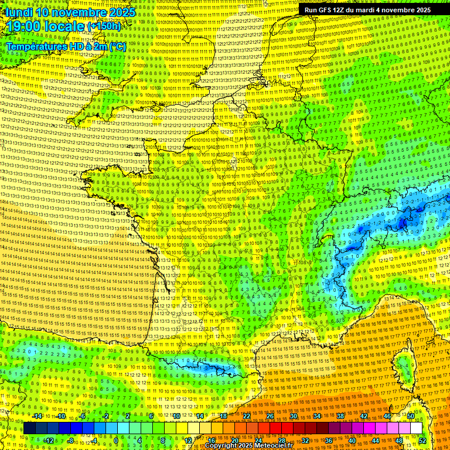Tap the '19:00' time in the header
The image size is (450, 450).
point(22,26)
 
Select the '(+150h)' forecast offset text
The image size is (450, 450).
point(104,26)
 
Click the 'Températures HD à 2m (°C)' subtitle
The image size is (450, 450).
point(66,46)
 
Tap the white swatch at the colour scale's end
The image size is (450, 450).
point(416,428)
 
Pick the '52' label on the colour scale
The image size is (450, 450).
point(422,440)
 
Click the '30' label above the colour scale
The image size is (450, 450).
point(293,416)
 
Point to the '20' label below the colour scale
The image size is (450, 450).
point(235,440)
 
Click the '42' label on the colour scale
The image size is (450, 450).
point(363,416)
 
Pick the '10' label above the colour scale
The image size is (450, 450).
point(176,416)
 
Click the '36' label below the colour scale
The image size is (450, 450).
point(329,440)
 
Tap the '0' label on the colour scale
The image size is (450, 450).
point(117,440)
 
